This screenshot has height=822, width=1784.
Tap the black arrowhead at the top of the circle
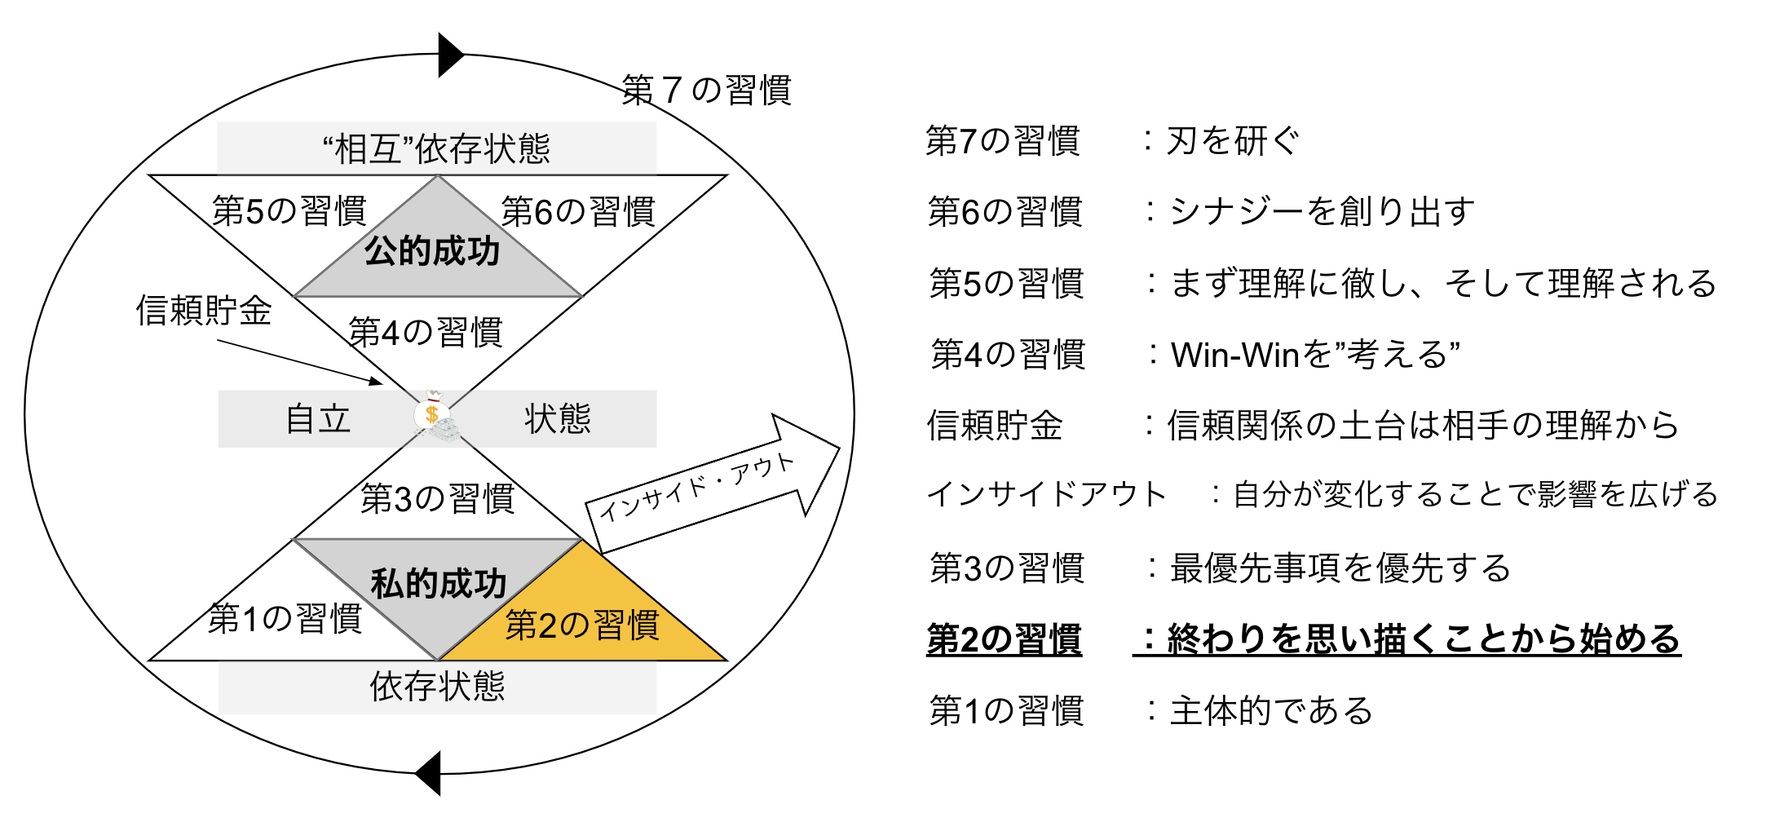point(450,55)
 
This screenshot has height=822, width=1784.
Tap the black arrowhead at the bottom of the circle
point(429,772)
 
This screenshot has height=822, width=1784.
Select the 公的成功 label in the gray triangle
point(432,251)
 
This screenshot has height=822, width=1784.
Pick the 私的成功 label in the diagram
point(439,584)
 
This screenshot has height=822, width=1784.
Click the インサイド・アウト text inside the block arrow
point(697,487)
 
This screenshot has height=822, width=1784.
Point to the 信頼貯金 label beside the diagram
point(204,311)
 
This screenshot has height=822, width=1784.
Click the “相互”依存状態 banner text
point(436,149)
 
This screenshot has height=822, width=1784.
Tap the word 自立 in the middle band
point(318,419)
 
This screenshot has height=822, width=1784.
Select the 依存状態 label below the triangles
point(437,687)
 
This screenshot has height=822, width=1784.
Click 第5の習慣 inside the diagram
point(289,211)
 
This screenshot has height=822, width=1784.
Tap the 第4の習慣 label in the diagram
point(426,333)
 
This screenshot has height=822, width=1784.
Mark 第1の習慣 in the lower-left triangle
point(285,619)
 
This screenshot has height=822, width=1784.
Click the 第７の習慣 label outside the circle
point(706,91)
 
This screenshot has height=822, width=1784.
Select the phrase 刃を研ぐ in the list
point(1233,141)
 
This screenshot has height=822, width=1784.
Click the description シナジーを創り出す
point(1323,212)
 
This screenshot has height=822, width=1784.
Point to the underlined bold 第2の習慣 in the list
point(1005,639)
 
